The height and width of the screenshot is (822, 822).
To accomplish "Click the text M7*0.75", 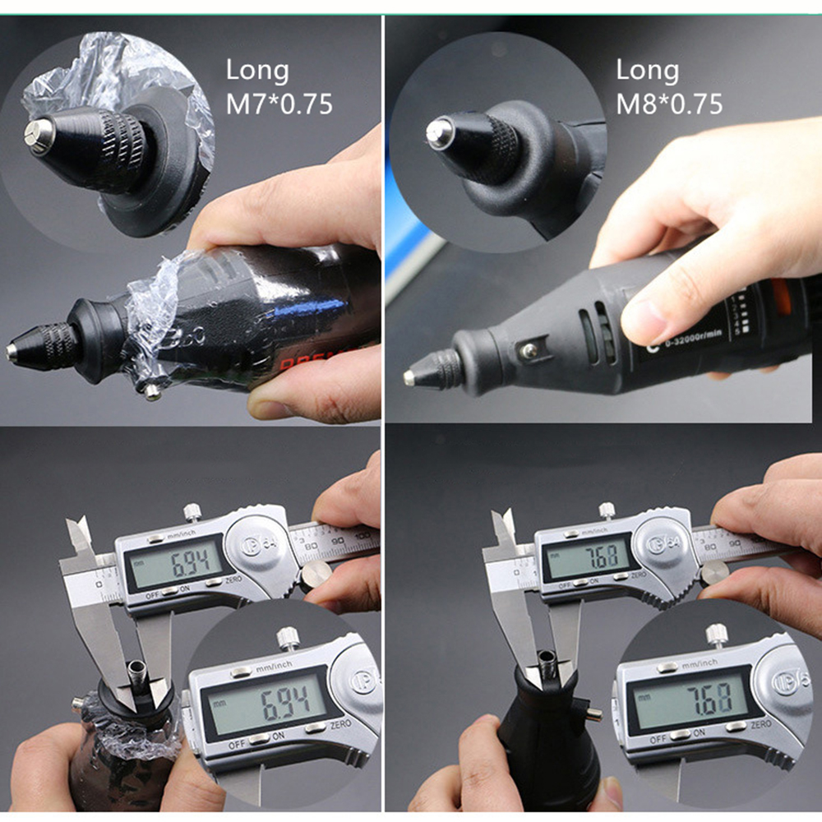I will [x=279, y=104].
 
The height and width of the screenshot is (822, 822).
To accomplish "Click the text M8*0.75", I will [x=669, y=104].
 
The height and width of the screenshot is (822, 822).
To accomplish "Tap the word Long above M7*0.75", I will [x=257, y=71].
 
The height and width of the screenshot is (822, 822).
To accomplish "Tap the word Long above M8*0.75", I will [x=647, y=71].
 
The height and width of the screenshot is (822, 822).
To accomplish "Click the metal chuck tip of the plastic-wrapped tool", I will [x=12, y=352].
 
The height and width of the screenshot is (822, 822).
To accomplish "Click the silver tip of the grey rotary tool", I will [x=409, y=377].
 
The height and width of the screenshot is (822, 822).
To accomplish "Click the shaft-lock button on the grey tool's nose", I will [x=529, y=352].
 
